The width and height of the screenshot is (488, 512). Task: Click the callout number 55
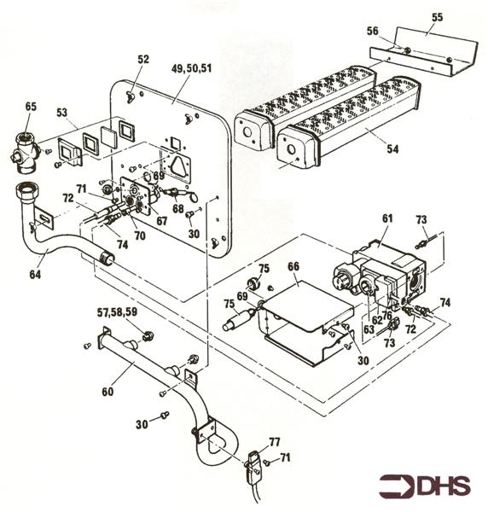438,16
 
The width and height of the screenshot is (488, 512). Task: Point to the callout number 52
142,59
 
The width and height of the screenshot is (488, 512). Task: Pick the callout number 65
32,107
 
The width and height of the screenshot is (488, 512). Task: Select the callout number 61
387,219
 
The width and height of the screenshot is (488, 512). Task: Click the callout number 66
293,266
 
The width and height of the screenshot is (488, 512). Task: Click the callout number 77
275,441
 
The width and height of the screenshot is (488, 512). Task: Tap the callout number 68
177,208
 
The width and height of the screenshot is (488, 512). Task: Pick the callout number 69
241,295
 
